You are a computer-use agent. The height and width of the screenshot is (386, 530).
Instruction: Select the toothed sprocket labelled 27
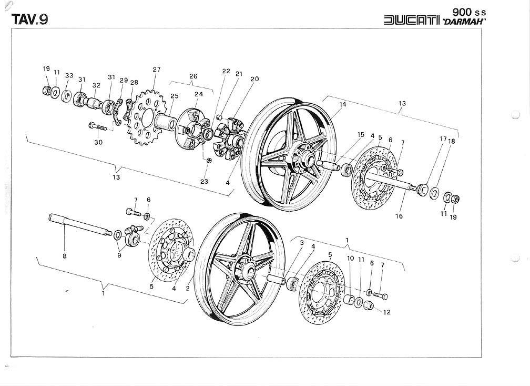(142, 119)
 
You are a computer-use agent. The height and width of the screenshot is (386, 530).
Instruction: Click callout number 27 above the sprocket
(156, 70)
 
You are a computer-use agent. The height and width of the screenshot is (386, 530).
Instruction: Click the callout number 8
(64, 257)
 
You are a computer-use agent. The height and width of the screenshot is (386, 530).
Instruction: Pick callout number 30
(98, 142)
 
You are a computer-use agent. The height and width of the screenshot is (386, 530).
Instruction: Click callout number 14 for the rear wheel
(342, 104)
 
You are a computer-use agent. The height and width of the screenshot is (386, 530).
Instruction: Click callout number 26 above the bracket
(193, 76)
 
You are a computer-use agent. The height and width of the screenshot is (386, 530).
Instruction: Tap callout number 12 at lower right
(386, 312)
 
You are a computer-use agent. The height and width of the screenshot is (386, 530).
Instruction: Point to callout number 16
(399, 216)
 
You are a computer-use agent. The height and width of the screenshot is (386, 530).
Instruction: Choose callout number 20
(254, 79)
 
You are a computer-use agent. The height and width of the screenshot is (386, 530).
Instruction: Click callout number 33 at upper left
(69, 75)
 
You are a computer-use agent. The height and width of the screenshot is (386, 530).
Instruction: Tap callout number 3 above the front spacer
(302, 243)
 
